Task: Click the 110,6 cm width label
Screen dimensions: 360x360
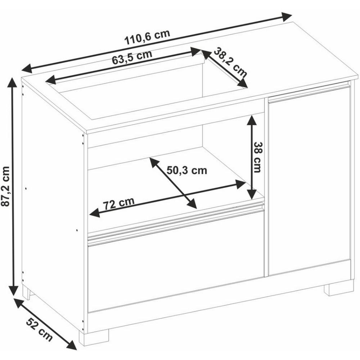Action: coord(147,37)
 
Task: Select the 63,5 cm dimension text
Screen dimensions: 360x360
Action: coord(132,57)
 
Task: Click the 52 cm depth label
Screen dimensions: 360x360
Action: coord(39,329)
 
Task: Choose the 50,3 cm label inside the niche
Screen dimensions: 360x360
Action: coord(187,170)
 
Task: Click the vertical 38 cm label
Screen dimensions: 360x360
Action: coord(257,157)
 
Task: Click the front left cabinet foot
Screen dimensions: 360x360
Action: coord(94,337)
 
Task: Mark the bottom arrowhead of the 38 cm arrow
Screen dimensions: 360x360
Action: coord(252,193)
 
